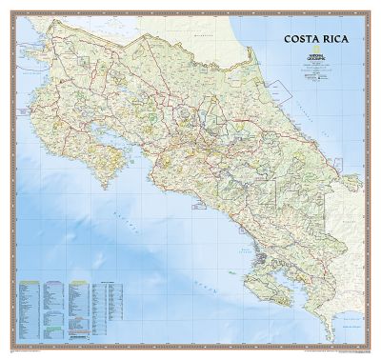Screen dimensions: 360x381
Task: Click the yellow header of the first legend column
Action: coord(29,283)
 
